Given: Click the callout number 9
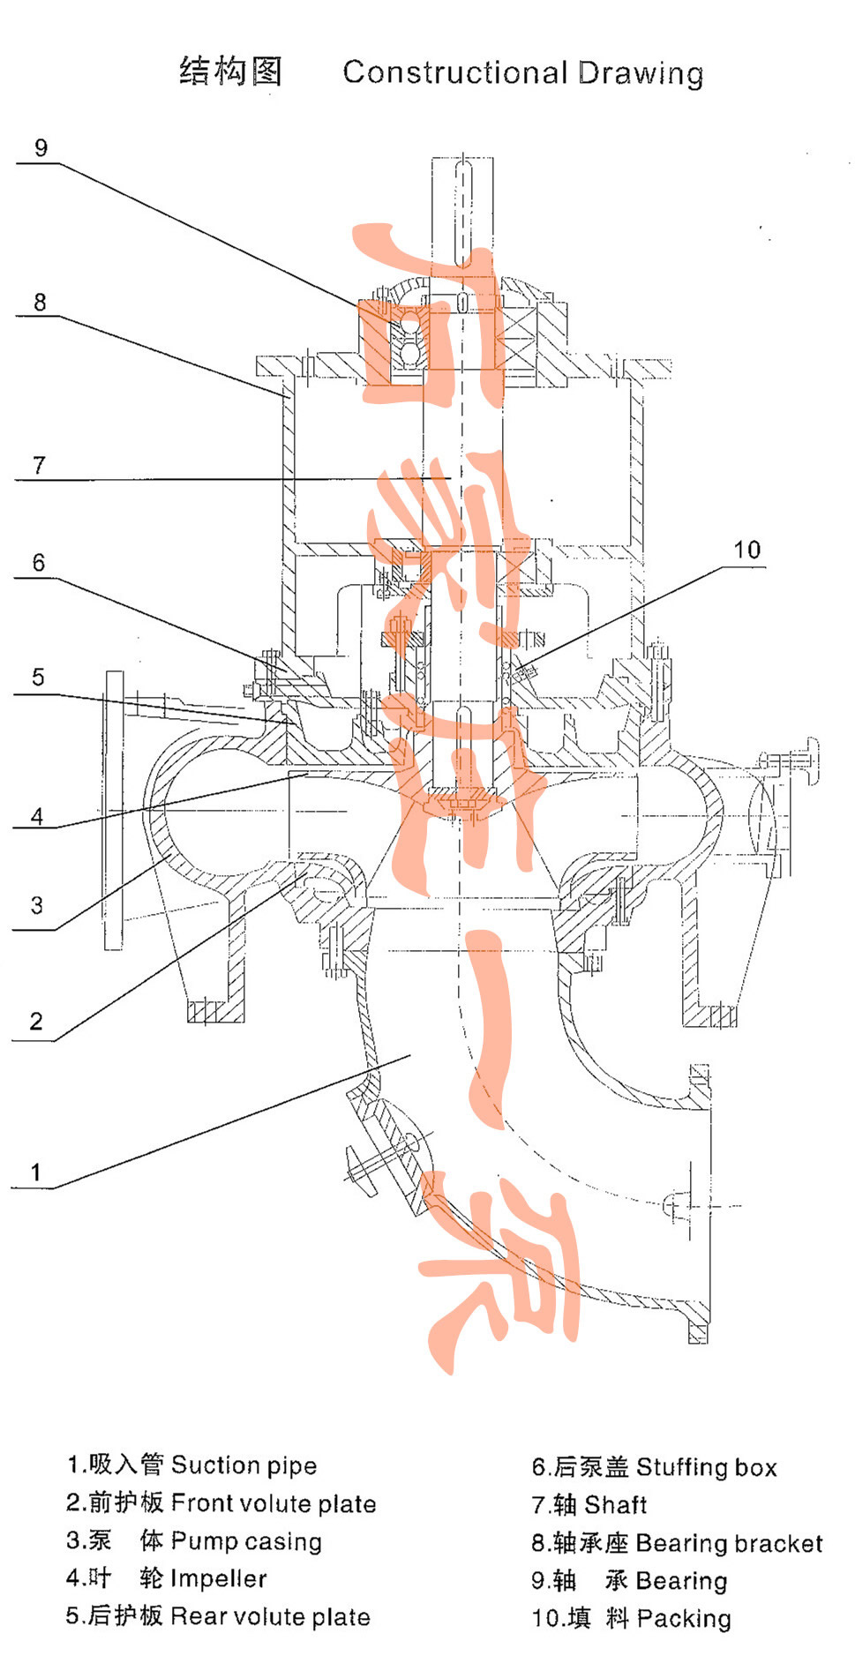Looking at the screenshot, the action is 41,147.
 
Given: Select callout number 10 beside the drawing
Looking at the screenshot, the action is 746,550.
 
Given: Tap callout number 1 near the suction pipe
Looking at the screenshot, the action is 36,1172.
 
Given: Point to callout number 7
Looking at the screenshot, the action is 39,465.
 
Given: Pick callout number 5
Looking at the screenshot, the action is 38,677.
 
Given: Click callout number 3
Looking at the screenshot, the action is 36,904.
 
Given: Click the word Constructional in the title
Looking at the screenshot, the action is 455,72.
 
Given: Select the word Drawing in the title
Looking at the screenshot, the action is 641,74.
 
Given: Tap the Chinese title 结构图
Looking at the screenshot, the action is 231,71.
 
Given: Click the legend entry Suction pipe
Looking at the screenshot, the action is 244,1465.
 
